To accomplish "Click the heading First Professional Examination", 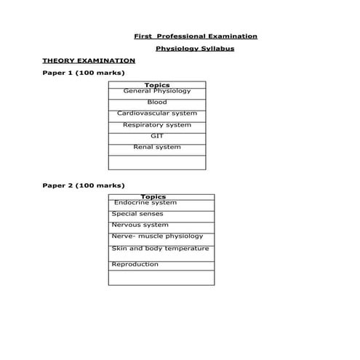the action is [196, 36].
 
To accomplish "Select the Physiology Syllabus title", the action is [195, 49].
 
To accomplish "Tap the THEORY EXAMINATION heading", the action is [89, 60].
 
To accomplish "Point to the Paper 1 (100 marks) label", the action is [84, 73].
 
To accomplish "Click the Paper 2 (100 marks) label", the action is [84, 185].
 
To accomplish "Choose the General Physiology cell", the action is [157, 92].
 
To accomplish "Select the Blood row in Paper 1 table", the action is [157, 103].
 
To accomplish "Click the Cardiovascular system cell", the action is [157, 113].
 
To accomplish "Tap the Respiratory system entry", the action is [157, 125].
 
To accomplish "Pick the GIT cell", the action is [157, 136].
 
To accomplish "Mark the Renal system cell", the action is [157, 147].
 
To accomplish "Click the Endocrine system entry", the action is [145, 203].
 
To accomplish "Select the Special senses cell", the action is [137, 214].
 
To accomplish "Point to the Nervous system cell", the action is [140, 225].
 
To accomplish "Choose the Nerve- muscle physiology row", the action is [157, 236].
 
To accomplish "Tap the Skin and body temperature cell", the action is [160, 249].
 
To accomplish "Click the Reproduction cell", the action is [135, 264].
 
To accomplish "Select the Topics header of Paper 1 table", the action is [157, 85].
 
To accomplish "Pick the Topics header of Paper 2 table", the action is [153, 196].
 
